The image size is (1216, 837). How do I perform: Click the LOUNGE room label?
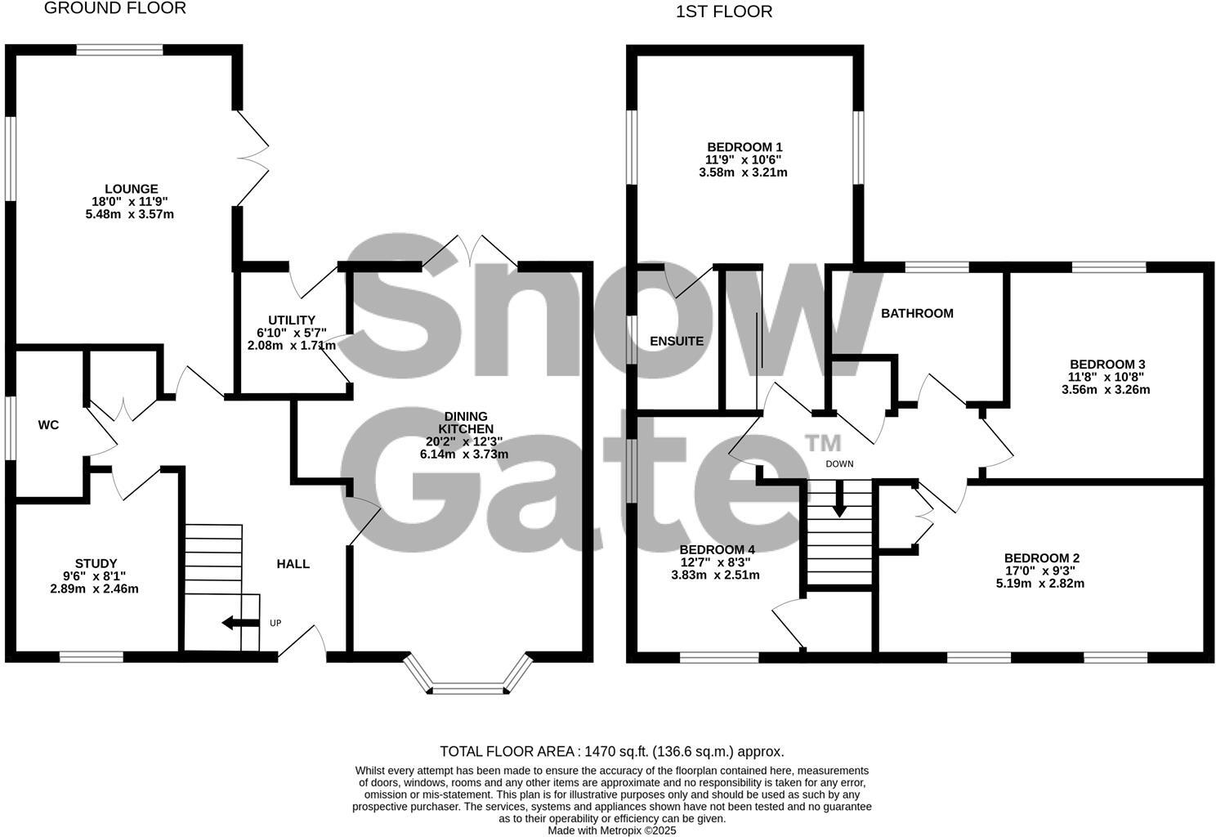[x=131, y=189]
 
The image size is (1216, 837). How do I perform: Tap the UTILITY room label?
[x=292, y=320]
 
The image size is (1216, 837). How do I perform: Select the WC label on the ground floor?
[x=48, y=425]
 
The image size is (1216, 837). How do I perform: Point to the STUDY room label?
[x=96, y=564]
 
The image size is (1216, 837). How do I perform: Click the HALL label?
[x=293, y=564]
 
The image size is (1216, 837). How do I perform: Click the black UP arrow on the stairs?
[x=237, y=623]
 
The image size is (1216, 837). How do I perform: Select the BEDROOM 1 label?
[x=744, y=147]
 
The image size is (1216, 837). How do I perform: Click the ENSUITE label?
[x=677, y=342]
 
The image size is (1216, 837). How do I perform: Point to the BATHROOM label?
[x=917, y=313]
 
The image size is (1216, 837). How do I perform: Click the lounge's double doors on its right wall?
[x=253, y=159]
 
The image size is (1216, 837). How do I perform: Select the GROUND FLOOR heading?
[x=114, y=8]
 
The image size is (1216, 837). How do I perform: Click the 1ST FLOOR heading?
[x=723, y=11]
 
